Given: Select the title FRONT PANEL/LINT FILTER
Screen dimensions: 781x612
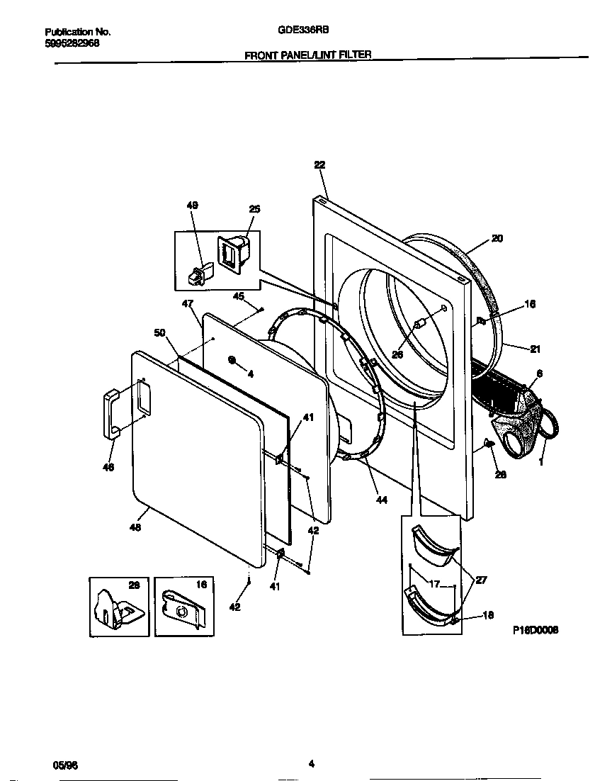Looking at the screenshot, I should (x=308, y=55).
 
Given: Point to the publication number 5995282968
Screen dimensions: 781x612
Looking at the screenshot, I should (x=72, y=43).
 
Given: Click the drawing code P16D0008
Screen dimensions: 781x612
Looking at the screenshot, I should (x=535, y=629).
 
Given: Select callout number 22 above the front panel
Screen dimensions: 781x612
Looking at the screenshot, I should (x=319, y=164).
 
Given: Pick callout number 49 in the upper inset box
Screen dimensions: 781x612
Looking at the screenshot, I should (x=192, y=206).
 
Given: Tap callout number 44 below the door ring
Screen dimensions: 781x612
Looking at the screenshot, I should (x=382, y=500).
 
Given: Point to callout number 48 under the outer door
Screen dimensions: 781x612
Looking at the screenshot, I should (x=135, y=527).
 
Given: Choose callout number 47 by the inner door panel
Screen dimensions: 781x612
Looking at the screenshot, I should (x=187, y=303).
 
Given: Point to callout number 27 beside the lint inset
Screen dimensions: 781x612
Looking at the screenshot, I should (x=482, y=580).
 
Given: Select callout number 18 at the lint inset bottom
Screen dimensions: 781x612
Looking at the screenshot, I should (x=488, y=615).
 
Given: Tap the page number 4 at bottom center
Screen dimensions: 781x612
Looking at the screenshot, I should (x=311, y=764).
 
